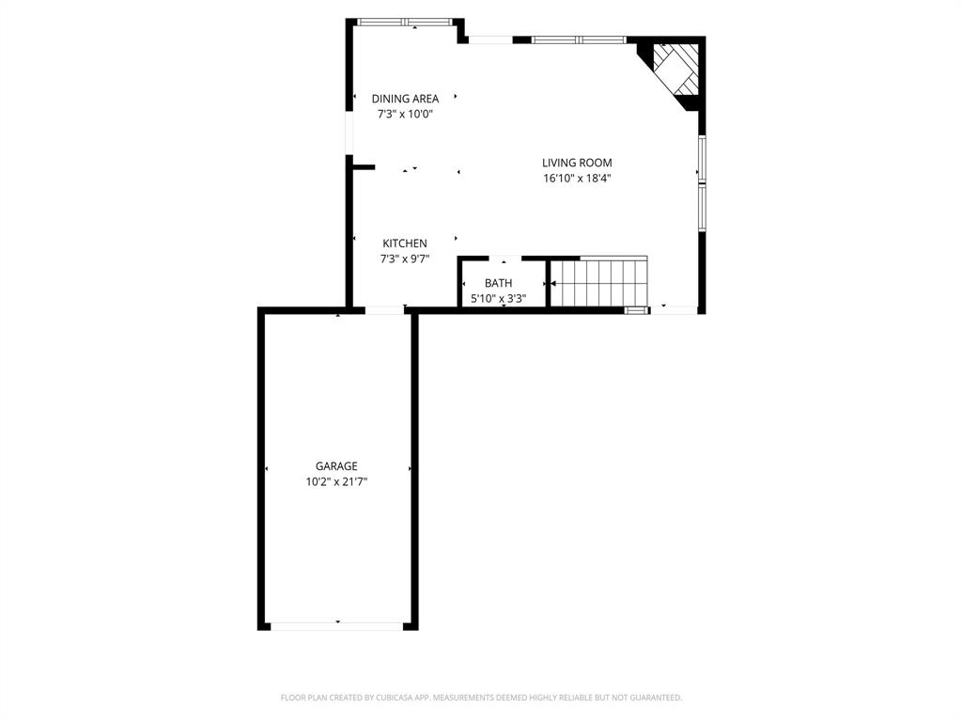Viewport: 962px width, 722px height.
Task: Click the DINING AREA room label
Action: [405, 99]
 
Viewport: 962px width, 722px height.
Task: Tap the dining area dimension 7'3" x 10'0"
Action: [405, 114]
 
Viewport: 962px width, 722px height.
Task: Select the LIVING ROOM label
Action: [577, 163]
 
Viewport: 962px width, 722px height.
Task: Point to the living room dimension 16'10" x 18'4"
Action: [577, 178]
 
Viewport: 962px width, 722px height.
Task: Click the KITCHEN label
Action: [404, 243]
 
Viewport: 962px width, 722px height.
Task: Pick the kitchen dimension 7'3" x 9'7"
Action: [404, 259]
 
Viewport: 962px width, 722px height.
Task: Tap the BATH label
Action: [498, 283]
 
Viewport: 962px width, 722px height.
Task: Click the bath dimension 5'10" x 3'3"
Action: [498, 299]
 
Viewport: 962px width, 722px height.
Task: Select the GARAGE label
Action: [336, 466]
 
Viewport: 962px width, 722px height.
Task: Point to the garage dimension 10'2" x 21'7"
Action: [336, 481]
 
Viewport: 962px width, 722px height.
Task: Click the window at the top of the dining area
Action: [405, 22]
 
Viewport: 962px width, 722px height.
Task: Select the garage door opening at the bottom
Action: [337, 625]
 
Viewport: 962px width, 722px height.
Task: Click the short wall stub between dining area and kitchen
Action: [363, 167]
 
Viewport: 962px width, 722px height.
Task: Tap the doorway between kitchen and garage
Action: [385, 309]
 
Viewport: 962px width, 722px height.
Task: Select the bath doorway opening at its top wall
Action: [504, 258]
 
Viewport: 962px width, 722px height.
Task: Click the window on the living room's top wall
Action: [579, 39]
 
